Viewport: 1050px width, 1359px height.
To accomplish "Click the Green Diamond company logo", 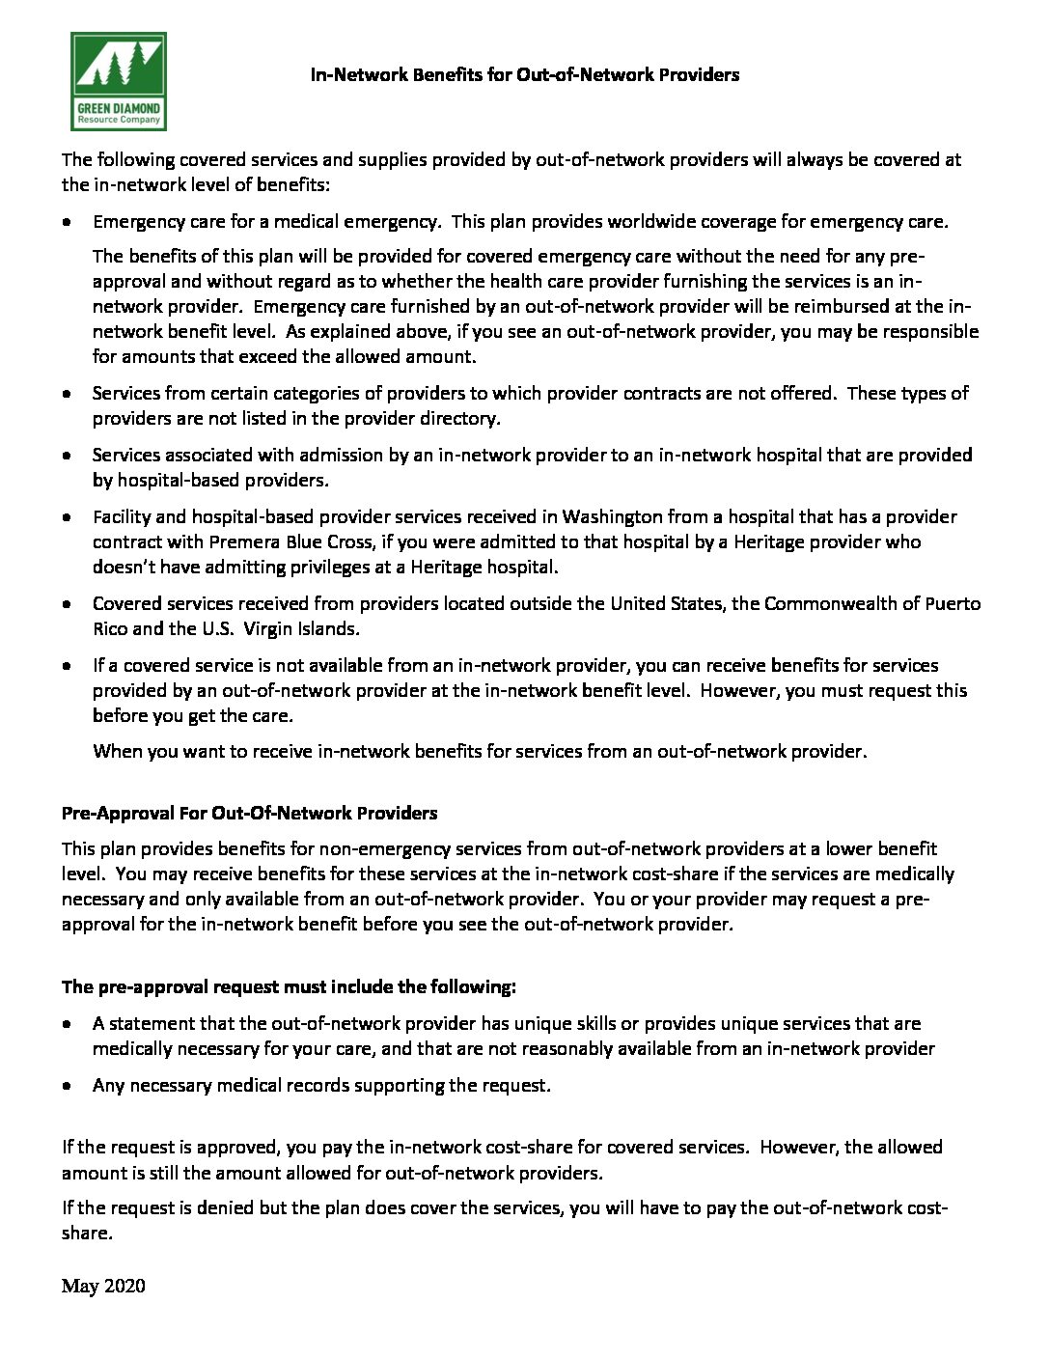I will (x=118, y=81).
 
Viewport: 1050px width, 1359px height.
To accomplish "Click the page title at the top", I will (x=524, y=74).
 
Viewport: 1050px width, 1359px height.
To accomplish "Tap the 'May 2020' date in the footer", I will (x=103, y=1286).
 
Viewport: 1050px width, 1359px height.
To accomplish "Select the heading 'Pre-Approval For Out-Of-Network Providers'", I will (x=249, y=813).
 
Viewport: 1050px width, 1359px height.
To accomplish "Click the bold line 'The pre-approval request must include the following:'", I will (x=289, y=986).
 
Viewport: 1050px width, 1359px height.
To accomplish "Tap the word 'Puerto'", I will (x=951, y=603).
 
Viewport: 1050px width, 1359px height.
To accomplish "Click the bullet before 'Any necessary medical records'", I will (x=67, y=1085).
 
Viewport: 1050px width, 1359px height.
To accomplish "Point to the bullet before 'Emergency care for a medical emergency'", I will (x=67, y=221).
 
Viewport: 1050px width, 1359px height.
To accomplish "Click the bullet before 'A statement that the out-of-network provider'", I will (x=67, y=1023).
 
